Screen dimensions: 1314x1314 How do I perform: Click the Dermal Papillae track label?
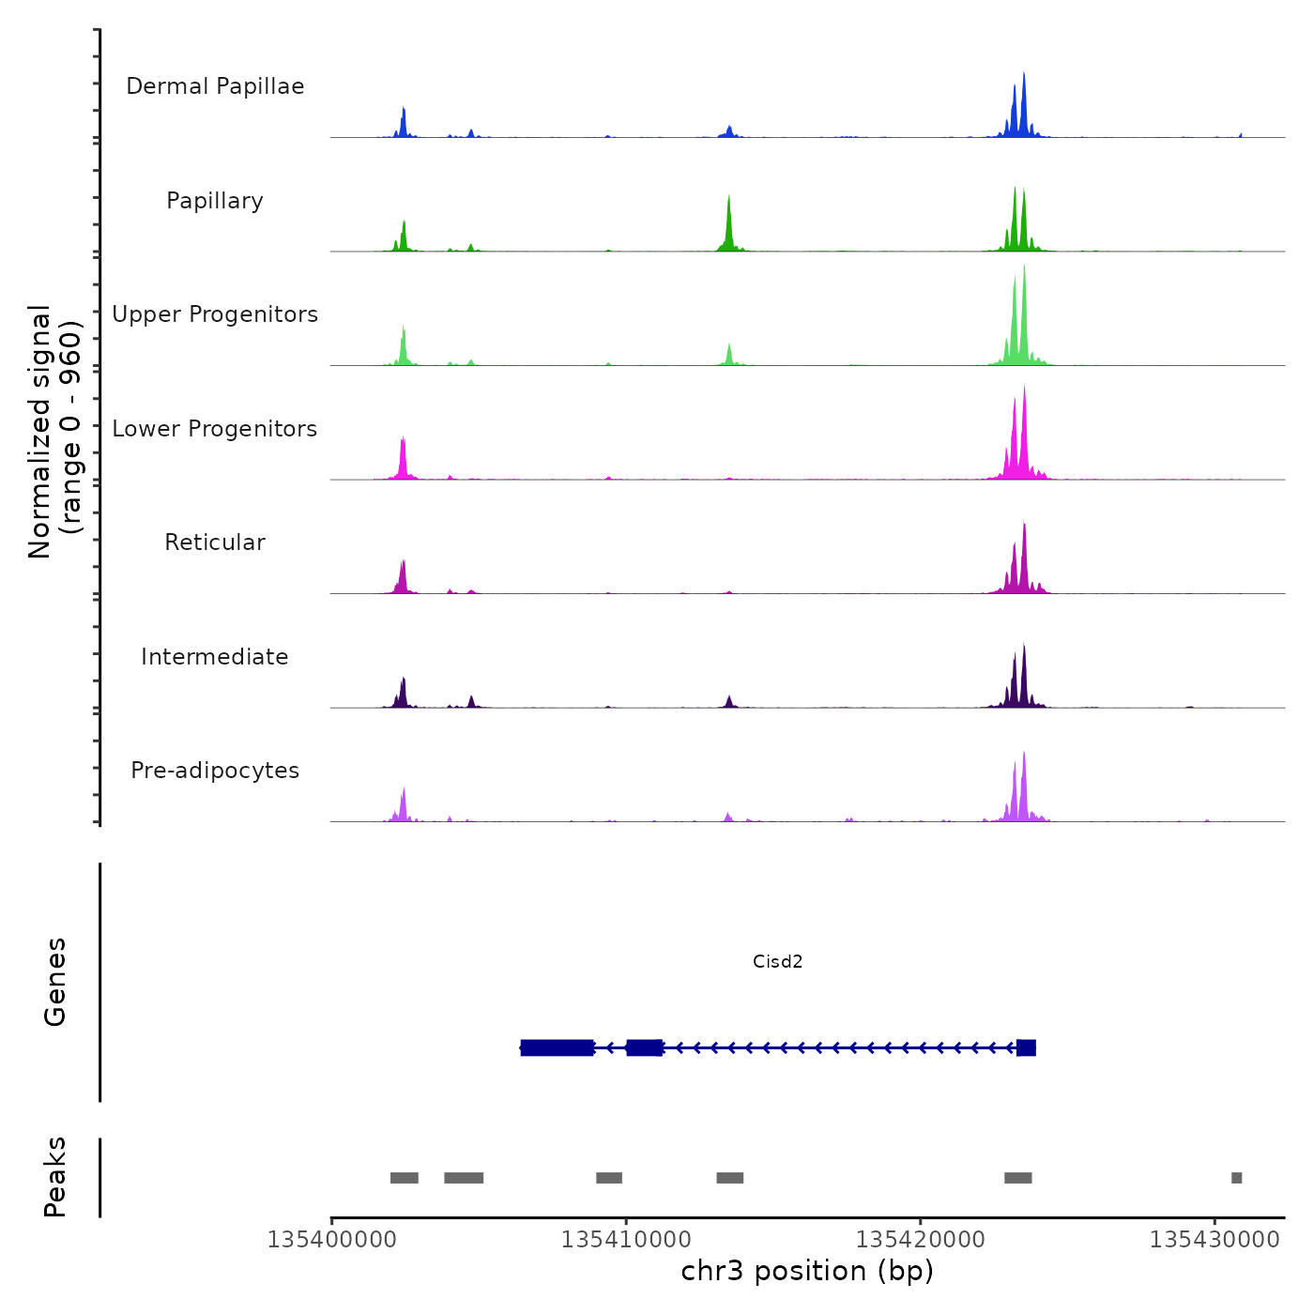pos(215,86)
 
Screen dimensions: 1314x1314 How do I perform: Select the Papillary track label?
pos(215,201)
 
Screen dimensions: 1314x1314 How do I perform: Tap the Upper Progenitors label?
pos(215,314)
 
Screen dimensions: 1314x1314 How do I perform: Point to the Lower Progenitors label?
pos(215,429)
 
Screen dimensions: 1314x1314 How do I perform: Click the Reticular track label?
pos(215,542)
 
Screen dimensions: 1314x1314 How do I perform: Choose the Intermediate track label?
pos(215,657)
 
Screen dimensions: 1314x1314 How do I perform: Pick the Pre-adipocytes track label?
pos(215,771)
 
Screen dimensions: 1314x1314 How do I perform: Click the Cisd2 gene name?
pos(777,961)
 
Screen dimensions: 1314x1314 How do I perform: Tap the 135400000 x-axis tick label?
pos(331,1240)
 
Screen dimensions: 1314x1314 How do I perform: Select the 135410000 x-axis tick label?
pos(626,1240)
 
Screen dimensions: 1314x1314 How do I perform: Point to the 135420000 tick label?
pos(921,1240)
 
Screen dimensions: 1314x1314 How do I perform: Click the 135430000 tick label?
pos(1215,1240)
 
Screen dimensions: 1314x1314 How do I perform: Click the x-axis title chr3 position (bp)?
pos(807,1271)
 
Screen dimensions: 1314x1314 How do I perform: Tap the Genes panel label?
pos(55,982)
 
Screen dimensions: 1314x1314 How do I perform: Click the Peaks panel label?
pos(55,1177)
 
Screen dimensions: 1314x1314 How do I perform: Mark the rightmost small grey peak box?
pos(1236,1178)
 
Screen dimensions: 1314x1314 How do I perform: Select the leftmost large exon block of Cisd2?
pos(558,1047)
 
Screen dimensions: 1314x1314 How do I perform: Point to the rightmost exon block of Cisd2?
pos(1026,1047)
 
